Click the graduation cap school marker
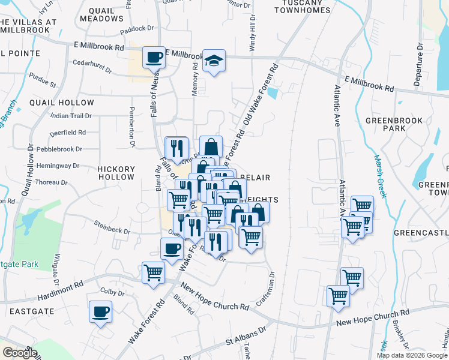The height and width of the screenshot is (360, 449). pyautogui.click(x=214, y=61)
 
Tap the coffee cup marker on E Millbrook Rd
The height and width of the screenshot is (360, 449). pyautogui.click(x=154, y=58)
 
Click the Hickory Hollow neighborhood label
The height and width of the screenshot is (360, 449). pyautogui.click(x=116, y=173)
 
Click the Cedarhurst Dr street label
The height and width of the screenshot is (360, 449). pyautogui.click(x=92, y=66)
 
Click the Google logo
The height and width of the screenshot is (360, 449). pyautogui.click(x=19, y=353)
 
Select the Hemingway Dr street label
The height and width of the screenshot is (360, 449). pyautogui.click(x=58, y=166)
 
